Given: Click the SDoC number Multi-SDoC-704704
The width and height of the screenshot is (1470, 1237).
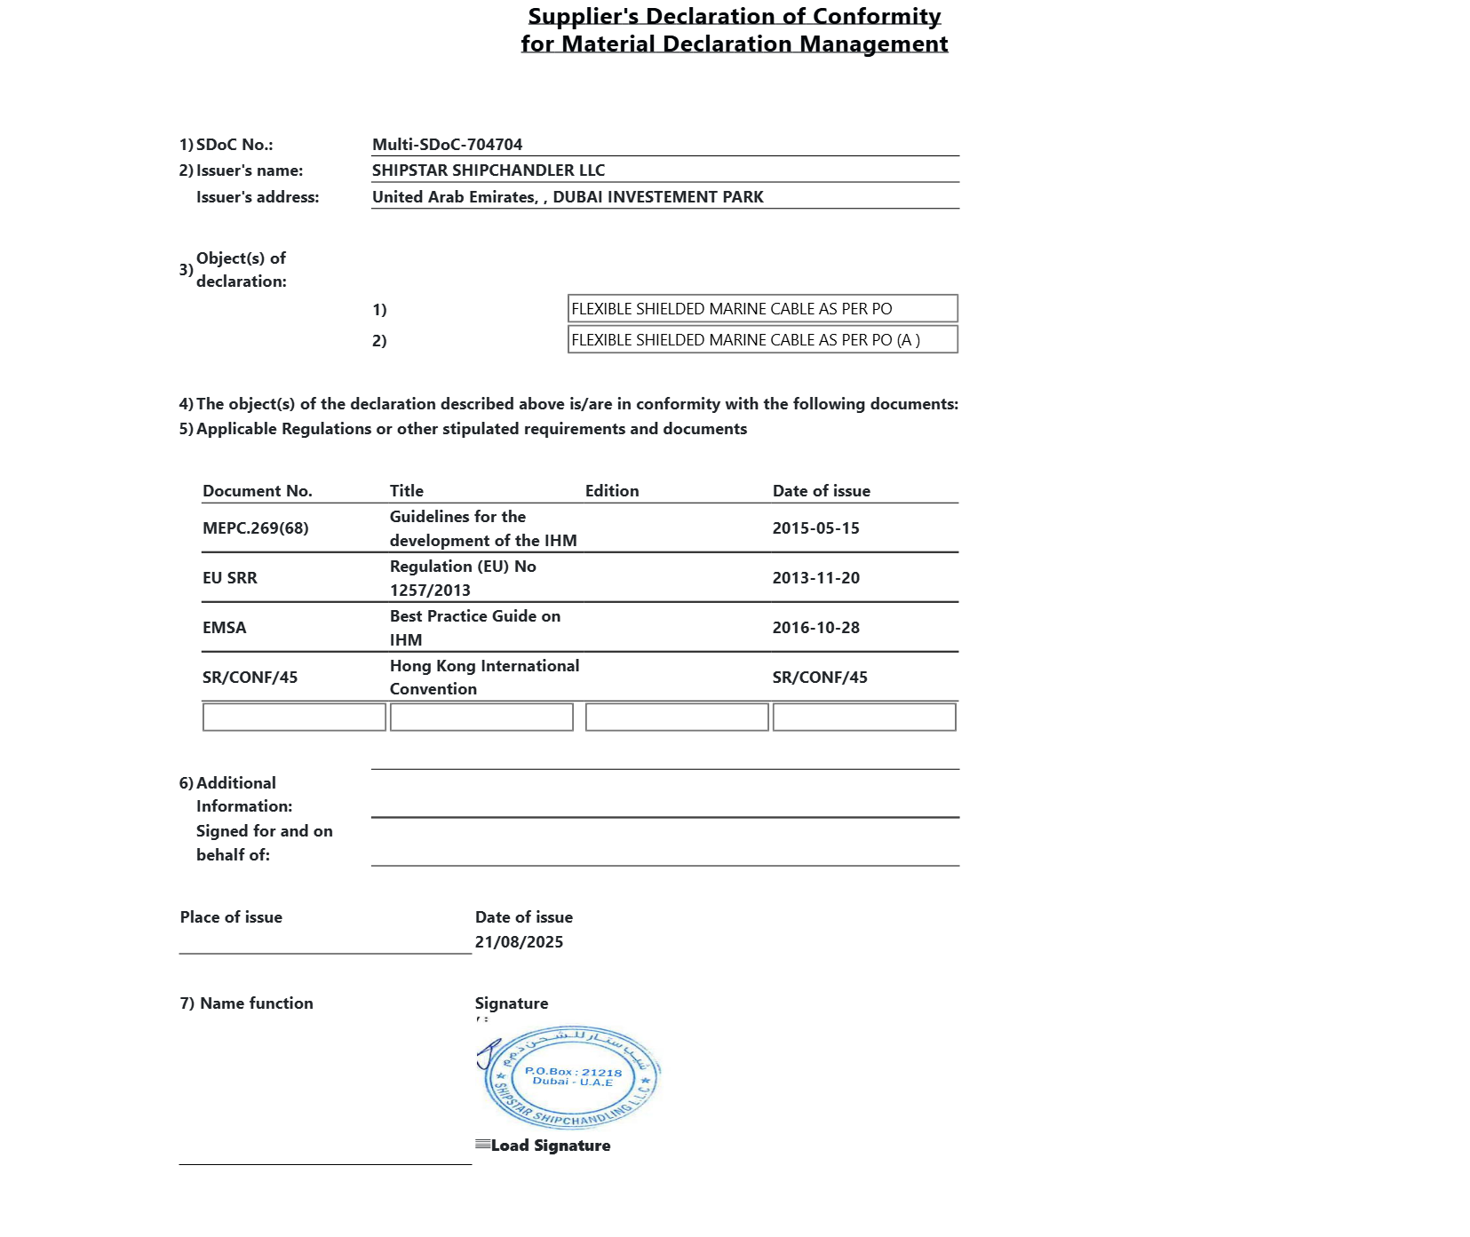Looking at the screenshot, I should [447, 145].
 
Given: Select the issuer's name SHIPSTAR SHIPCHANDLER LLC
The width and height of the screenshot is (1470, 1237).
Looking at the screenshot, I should [488, 170].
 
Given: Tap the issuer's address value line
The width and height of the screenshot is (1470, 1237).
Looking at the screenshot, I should [568, 197].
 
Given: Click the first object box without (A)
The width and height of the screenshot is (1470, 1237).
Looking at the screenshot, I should [762, 309].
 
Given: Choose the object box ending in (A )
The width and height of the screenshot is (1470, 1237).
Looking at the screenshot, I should [762, 340].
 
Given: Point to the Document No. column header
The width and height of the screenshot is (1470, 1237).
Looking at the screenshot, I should [257, 491].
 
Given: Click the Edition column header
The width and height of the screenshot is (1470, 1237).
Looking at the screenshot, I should [611, 491].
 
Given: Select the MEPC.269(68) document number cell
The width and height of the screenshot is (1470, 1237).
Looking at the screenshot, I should [255, 528].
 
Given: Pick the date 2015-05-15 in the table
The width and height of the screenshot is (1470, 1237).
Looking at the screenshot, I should [815, 528].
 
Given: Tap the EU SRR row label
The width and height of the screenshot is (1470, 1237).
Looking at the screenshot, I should [229, 578].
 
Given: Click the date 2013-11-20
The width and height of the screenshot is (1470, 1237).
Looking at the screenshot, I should [815, 578].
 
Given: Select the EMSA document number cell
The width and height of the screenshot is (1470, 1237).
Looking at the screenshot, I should [224, 628].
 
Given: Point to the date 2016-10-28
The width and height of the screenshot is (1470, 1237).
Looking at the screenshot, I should [815, 628].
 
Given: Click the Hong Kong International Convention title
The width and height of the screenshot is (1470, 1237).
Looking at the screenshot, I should [483, 677].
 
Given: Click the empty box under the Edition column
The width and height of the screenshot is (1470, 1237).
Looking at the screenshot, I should [676, 718].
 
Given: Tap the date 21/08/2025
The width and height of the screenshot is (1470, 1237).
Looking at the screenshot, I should [519, 942].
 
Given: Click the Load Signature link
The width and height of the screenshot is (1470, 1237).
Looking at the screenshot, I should [550, 1146].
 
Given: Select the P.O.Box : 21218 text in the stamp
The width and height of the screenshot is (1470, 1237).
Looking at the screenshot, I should [573, 1072].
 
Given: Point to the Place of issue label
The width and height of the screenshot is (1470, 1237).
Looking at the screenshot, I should [231, 917].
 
